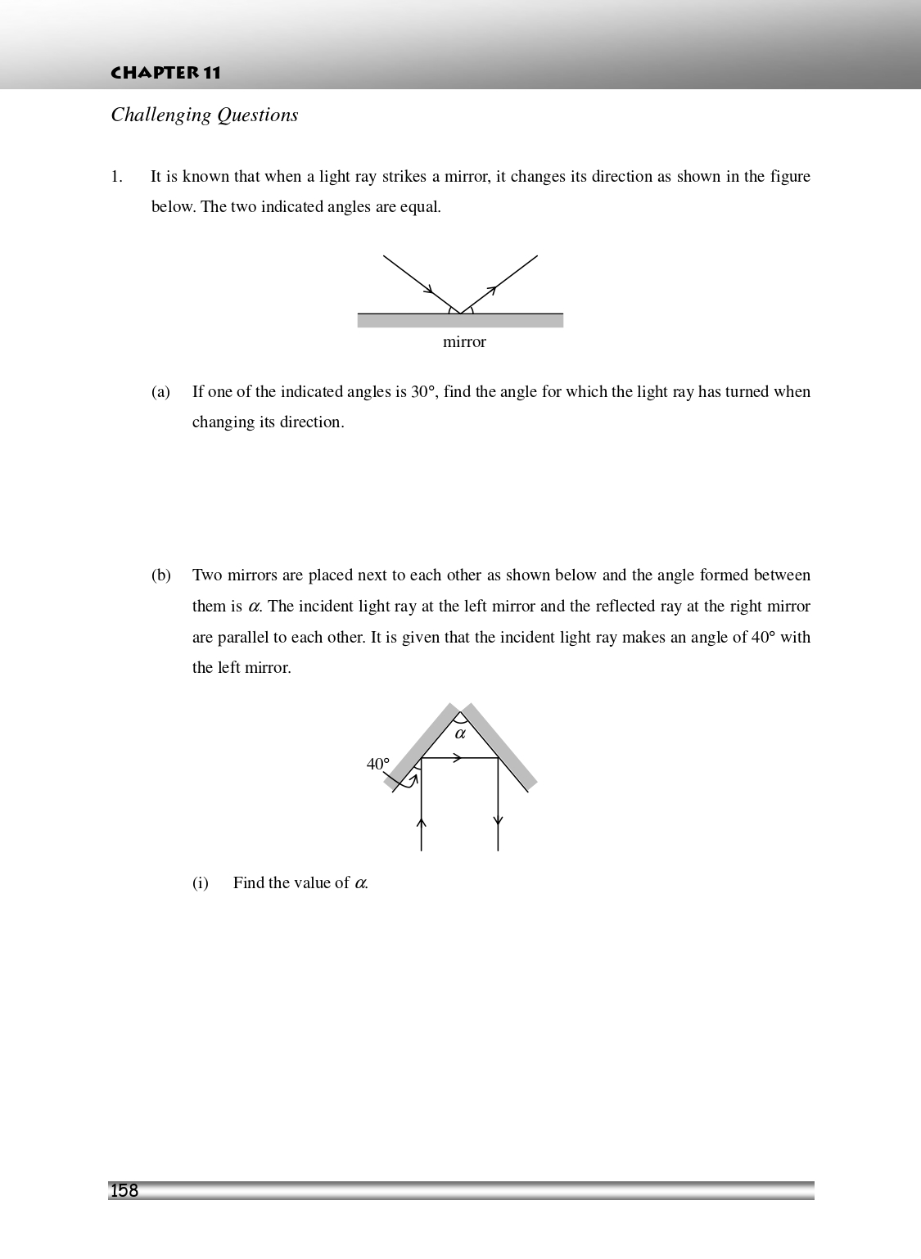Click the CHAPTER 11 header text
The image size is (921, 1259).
[166, 73]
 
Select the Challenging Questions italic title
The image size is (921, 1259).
[205, 115]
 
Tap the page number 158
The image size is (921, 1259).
[124, 1191]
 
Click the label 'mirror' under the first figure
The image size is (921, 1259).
[464, 342]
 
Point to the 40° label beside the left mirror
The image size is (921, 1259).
[378, 764]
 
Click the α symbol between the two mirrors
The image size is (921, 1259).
[460, 733]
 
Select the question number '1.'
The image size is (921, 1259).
[116, 177]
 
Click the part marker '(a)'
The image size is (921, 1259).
[160, 392]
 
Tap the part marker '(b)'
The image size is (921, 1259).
[160, 575]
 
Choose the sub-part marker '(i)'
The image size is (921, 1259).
[201, 883]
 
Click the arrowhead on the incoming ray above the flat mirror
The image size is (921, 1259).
[428, 289]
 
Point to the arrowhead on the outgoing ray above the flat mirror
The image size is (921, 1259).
[491, 290]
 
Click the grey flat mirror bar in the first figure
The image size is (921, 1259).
[460, 321]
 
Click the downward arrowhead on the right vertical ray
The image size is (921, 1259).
[498, 821]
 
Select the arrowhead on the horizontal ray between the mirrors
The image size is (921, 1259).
[458, 758]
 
